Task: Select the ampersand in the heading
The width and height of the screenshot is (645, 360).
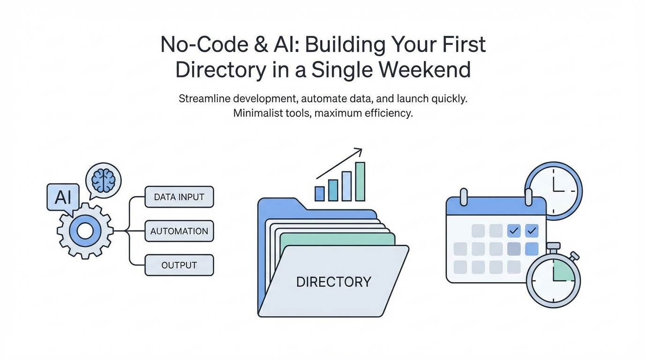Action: tap(261, 45)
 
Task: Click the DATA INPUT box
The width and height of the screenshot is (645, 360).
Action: tap(179, 197)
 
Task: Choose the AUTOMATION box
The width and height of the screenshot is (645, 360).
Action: tap(179, 231)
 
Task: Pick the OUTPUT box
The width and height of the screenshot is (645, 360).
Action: tap(179, 265)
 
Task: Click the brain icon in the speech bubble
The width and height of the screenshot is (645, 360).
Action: tap(104, 180)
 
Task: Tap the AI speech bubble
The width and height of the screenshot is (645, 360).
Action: tap(63, 198)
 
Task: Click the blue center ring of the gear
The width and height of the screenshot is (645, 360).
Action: tap(85, 231)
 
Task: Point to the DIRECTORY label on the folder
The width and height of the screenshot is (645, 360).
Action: tap(333, 282)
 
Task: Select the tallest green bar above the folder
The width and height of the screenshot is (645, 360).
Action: tap(360, 181)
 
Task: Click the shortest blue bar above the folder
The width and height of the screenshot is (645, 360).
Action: tap(320, 194)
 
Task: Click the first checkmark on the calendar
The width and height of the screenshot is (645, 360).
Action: tap(514, 231)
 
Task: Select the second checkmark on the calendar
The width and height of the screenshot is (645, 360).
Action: tap(532, 231)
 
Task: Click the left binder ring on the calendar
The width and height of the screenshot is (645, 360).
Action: tap(464, 197)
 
